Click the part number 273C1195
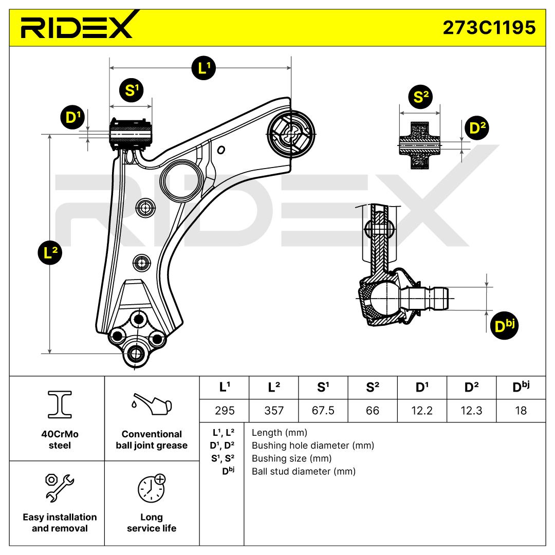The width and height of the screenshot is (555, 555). (489, 28)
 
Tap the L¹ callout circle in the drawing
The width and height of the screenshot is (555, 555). (203, 68)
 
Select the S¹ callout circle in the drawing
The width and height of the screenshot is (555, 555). (132, 90)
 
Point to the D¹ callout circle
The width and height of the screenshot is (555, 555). (72, 117)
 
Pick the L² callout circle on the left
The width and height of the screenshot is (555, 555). (50, 253)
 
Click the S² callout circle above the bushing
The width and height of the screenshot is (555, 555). (420, 97)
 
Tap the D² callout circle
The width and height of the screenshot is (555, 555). (477, 128)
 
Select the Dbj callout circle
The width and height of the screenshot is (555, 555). (505, 326)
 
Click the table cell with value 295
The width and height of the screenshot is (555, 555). (225, 411)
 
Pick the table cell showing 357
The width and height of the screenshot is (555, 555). (274, 411)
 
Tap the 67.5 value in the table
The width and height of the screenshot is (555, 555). (323, 411)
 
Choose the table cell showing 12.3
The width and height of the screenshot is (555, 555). (471, 411)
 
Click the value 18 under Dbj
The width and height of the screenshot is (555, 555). (521, 411)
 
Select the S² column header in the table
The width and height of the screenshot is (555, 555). (373, 387)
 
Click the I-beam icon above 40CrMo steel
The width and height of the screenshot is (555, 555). (60, 404)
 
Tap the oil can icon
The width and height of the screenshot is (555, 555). (152, 404)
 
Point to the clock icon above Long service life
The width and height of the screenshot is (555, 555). (152, 489)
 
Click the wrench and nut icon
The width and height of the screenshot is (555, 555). (60, 488)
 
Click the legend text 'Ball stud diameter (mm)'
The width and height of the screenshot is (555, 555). (304, 471)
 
